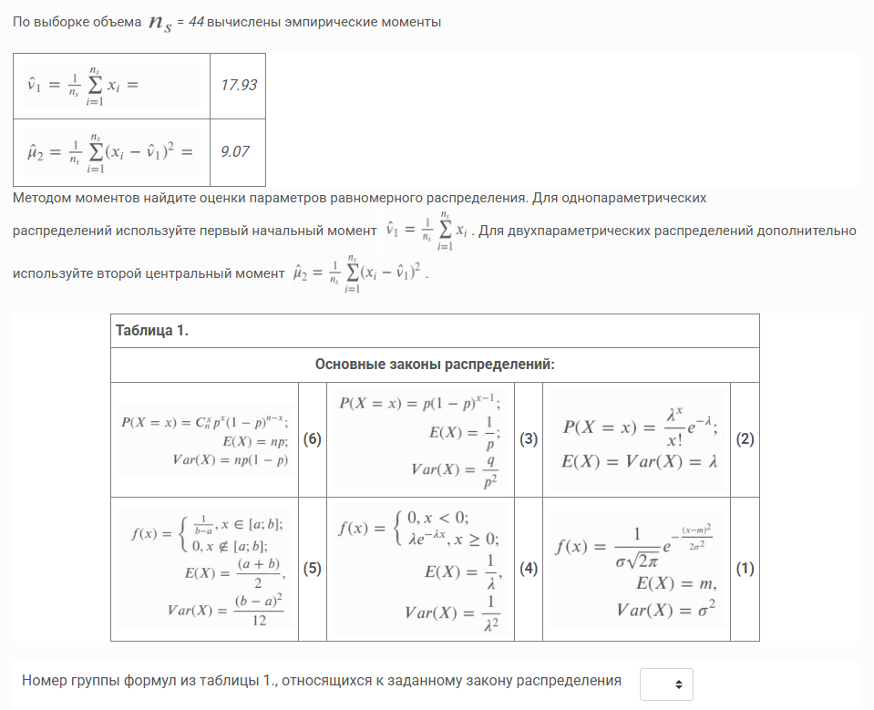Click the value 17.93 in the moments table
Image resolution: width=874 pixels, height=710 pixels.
pos(239,86)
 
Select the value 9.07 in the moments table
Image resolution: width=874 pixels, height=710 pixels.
pos(235,152)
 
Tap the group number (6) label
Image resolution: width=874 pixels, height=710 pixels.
pos(313,439)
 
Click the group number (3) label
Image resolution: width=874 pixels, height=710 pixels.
pos(528,439)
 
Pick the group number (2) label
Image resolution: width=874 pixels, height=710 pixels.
pos(745,439)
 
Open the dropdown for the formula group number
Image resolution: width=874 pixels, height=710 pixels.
pos(666,684)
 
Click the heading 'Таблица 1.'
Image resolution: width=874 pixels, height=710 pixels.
pos(152,330)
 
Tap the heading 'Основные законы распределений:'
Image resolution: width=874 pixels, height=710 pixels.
pos(435,365)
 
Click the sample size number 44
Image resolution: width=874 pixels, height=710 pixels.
pos(196,22)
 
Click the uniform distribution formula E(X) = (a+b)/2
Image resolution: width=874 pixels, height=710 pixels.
pos(239,572)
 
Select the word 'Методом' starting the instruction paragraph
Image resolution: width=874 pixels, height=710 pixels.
pos(38,197)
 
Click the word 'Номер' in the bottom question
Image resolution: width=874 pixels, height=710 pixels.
pos(41,680)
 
